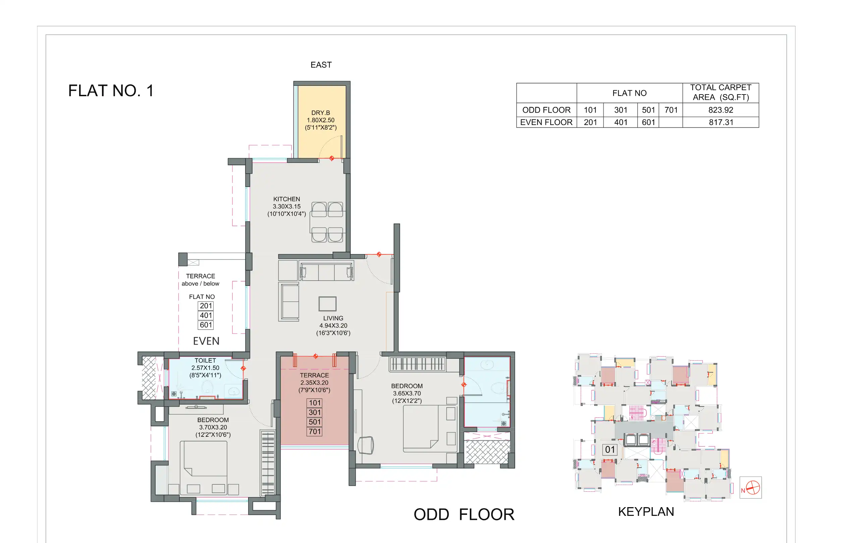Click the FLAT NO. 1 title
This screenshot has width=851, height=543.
pyautogui.click(x=111, y=91)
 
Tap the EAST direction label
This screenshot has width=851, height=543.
pyautogui.click(x=321, y=65)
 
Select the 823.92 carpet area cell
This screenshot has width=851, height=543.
pyautogui.click(x=720, y=110)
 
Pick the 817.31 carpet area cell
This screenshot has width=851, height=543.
pyautogui.click(x=721, y=122)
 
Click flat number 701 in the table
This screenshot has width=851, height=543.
pyautogui.click(x=670, y=110)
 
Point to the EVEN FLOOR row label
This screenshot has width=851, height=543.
pyautogui.click(x=546, y=122)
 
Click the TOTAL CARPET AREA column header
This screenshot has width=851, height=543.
pyautogui.click(x=720, y=93)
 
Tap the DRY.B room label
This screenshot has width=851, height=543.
pyautogui.click(x=321, y=113)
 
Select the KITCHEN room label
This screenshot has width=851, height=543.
pyautogui.click(x=286, y=199)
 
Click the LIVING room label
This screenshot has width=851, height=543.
pyautogui.click(x=333, y=318)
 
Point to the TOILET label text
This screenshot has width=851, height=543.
pyautogui.click(x=205, y=361)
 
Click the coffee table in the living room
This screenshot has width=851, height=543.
pyautogui.click(x=327, y=304)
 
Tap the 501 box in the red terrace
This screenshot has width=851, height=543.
pyautogui.click(x=314, y=422)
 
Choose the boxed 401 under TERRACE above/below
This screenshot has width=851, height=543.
pyautogui.click(x=206, y=315)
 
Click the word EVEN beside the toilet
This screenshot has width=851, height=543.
pyautogui.click(x=206, y=341)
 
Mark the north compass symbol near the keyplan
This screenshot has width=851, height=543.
pyautogui.click(x=751, y=488)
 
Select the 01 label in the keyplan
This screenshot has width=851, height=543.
pyautogui.click(x=610, y=450)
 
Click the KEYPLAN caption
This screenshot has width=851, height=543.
pyautogui.click(x=646, y=512)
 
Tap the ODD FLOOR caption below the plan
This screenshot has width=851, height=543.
pyautogui.click(x=464, y=515)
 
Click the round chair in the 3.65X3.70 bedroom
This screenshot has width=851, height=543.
pyautogui.click(x=366, y=445)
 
